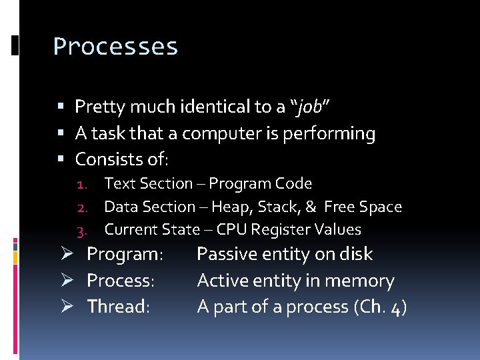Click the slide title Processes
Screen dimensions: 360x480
(115, 47)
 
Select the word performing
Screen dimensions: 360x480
(329, 134)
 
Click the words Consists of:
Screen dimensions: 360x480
(122, 160)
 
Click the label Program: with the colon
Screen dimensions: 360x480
(125, 255)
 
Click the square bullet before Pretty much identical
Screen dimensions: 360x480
(61, 107)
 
